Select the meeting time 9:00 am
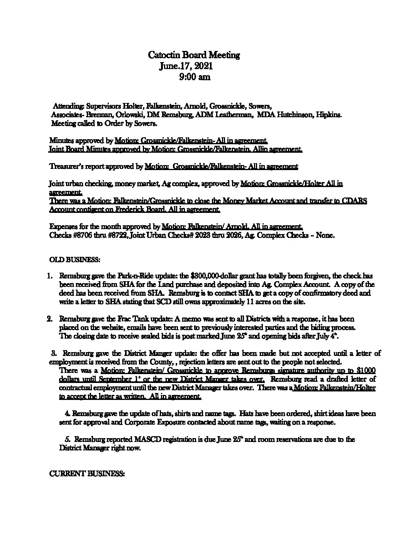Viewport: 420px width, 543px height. [195, 77]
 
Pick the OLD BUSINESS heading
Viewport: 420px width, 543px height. [75, 260]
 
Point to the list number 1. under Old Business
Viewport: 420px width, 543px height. [49, 276]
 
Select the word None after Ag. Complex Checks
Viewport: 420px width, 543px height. [325, 235]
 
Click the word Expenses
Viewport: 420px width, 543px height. [63, 226]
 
